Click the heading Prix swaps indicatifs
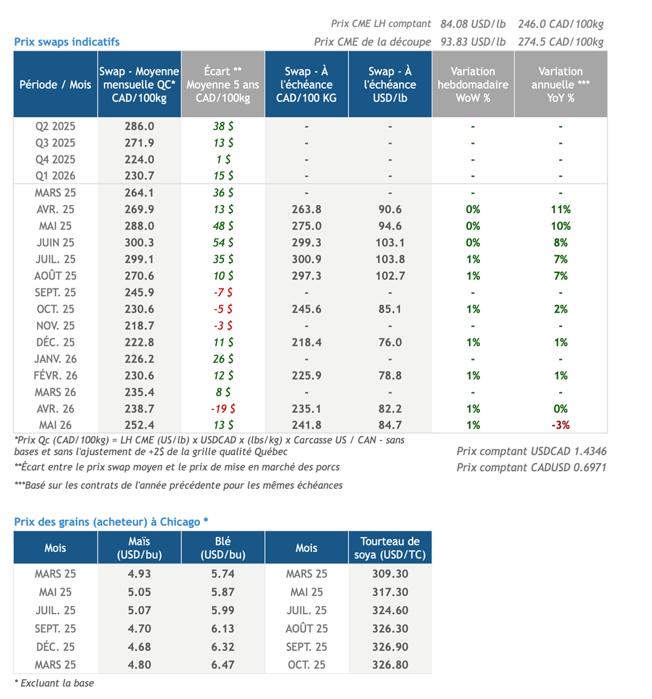pos(67,42)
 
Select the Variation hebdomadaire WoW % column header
pos(472,84)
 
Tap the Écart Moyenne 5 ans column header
pos(223,84)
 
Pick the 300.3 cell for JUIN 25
pos(139,243)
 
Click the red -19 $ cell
pos(223,409)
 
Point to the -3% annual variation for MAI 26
pos(560,425)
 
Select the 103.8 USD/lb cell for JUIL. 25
pos(390,260)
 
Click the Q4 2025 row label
pos(55,160)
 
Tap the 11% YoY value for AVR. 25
pos(560,209)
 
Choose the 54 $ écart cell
pos(223,243)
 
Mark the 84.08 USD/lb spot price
pos(473,24)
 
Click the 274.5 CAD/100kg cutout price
pos(560,42)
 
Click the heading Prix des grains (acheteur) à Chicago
pos(111,522)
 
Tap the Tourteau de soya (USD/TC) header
pos(390,548)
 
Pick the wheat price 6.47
pos(223,665)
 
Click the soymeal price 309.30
pos(390,574)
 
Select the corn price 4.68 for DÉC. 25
pos(139,647)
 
